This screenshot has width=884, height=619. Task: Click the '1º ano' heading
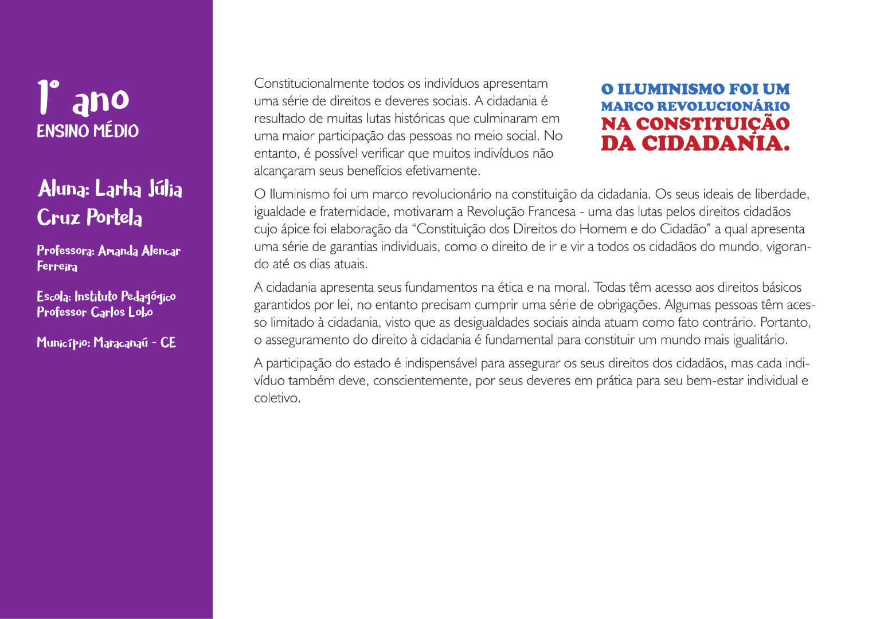tap(83, 98)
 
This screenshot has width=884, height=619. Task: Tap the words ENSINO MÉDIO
tap(88, 131)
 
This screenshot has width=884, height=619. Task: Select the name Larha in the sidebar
tap(118, 189)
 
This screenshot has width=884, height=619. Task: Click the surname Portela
tap(114, 218)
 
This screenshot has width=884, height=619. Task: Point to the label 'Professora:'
tap(65, 250)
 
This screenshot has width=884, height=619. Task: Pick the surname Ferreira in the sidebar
tap(57, 266)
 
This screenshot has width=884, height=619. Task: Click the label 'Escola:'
tap(54, 296)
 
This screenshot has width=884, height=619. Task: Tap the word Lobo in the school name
tap(140, 312)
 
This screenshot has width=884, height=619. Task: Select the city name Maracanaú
tap(120, 343)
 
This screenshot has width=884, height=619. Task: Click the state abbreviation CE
tap(168, 343)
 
